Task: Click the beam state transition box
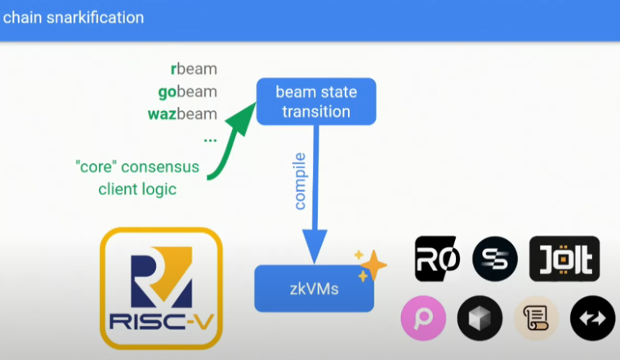coord(316,101)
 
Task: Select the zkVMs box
coord(314,288)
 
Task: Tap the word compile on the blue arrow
coord(300,180)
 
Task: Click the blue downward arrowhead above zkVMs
coord(314,244)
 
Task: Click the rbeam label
coord(194,69)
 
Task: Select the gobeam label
coord(187,91)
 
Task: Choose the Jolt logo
coord(564,260)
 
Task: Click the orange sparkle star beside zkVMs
coord(374,264)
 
